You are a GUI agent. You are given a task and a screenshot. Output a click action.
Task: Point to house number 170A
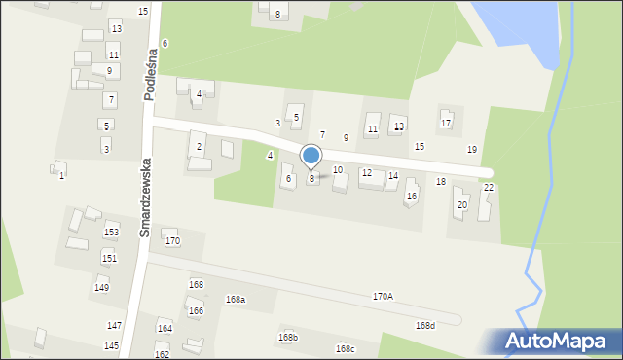tap(383, 296)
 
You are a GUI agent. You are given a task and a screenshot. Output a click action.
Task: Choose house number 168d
tap(424, 326)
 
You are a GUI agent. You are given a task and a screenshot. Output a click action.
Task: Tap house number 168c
tap(345, 348)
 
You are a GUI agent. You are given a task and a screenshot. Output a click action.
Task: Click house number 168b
tap(287, 337)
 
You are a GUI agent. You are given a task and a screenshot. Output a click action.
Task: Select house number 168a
tap(235, 300)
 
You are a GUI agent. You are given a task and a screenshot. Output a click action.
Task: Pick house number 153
tap(111, 233)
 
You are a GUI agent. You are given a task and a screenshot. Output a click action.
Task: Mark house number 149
tap(101, 288)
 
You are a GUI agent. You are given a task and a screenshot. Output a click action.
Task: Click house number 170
tap(172, 240)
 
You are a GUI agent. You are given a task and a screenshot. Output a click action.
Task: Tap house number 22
tap(489, 188)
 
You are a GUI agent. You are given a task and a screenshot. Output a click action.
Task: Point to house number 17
tap(446, 124)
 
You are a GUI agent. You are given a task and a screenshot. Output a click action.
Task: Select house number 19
tap(472, 149)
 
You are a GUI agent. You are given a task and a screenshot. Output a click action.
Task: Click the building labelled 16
tap(411, 196)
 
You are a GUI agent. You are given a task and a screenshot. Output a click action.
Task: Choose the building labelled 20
tap(462, 205)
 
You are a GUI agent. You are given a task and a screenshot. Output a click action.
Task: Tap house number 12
tap(366, 173)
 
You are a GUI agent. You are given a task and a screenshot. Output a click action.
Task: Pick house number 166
tap(196, 310)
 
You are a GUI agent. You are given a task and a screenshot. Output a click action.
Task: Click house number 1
tap(61, 175)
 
